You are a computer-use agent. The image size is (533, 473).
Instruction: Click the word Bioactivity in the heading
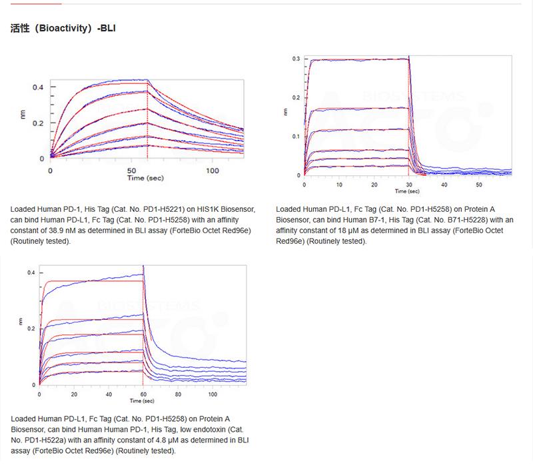(65, 29)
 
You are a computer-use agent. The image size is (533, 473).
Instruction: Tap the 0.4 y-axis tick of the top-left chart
(38, 87)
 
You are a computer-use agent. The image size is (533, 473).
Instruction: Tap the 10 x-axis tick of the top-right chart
(339, 183)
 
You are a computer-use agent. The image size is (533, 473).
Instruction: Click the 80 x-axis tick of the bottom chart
(177, 394)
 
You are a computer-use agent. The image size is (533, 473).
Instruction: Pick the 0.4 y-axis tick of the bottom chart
(31, 273)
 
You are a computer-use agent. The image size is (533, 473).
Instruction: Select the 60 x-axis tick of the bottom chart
(143, 394)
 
